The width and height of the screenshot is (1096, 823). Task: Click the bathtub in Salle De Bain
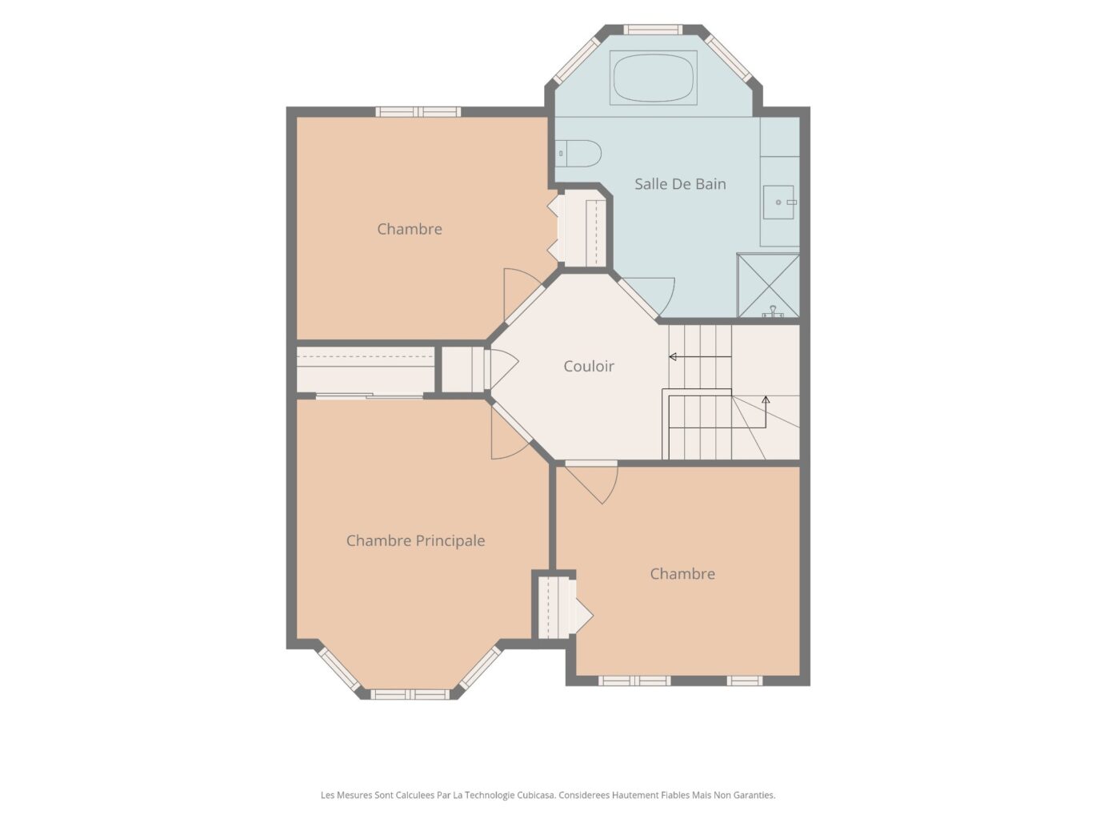653,78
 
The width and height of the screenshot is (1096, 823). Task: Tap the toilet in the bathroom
578,154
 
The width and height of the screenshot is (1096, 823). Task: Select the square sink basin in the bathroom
778,202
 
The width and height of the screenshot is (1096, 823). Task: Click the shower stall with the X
769,285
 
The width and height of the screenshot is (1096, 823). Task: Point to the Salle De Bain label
680,184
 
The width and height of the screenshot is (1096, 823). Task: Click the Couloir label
589,367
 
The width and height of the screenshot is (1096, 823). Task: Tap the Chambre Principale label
415,540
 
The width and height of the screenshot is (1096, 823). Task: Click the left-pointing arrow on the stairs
700,357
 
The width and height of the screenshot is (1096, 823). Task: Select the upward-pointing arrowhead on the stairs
766,399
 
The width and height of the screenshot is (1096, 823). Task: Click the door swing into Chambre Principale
510,434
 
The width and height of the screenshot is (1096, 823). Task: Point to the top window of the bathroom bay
653,30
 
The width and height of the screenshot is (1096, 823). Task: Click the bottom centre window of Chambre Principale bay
410,694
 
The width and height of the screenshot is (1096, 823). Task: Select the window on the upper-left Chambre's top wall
418,112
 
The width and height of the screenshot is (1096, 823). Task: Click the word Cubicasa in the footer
535,795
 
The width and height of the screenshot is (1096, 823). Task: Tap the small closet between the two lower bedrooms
554,607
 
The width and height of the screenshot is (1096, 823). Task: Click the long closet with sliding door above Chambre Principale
365,370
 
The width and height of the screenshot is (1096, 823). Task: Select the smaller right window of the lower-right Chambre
745,680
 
